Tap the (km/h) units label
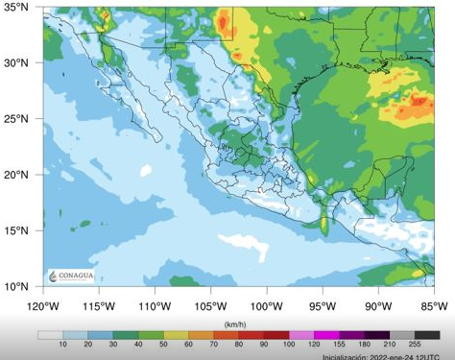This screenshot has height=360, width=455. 235,324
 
